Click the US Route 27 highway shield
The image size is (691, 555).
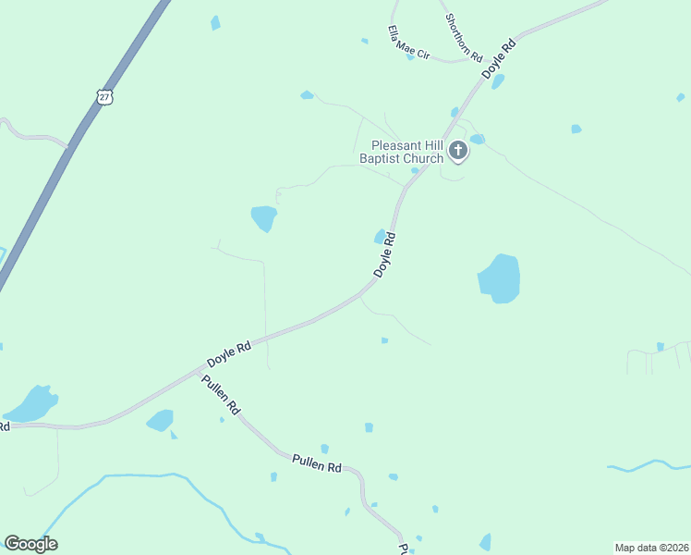[x=104, y=96]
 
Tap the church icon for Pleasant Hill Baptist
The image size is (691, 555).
[x=456, y=150]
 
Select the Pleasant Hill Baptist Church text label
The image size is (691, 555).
[x=407, y=152]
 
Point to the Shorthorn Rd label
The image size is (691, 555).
[x=464, y=37]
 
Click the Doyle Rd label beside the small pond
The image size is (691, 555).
[x=386, y=253]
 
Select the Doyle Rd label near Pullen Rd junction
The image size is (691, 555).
[x=229, y=353]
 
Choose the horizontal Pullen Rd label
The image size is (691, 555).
[x=317, y=462]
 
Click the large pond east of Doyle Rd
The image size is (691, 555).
[x=500, y=277]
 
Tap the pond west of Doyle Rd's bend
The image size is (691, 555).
[x=264, y=218]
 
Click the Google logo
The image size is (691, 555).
[x=30, y=544]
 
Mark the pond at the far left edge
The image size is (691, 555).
[x=31, y=404]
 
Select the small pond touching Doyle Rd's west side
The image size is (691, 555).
[x=380, y=236]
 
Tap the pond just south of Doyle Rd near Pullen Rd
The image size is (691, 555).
[x=160, y=421]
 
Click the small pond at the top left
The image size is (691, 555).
[x=215, y=22]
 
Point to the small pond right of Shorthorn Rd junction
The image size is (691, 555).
[x=498, y=80]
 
